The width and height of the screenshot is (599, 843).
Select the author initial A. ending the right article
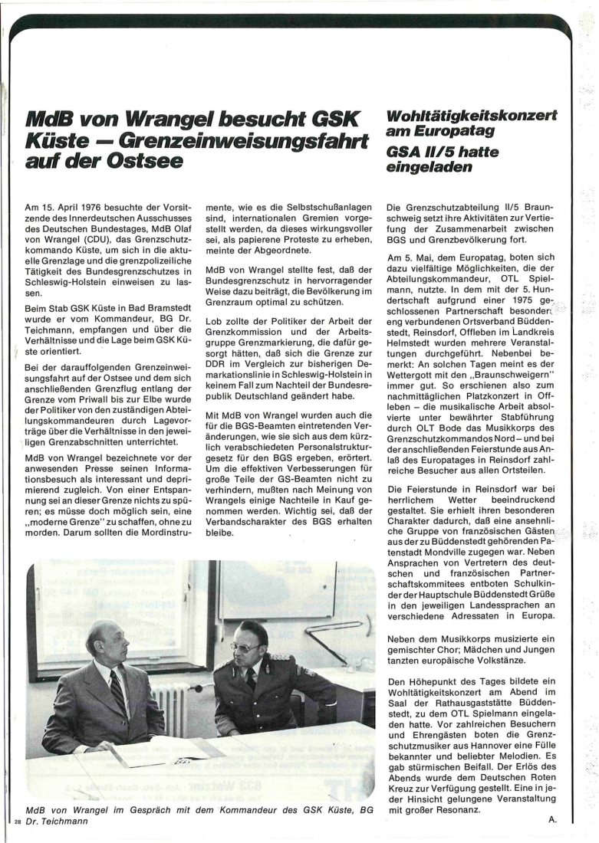[x=552, y=819]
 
